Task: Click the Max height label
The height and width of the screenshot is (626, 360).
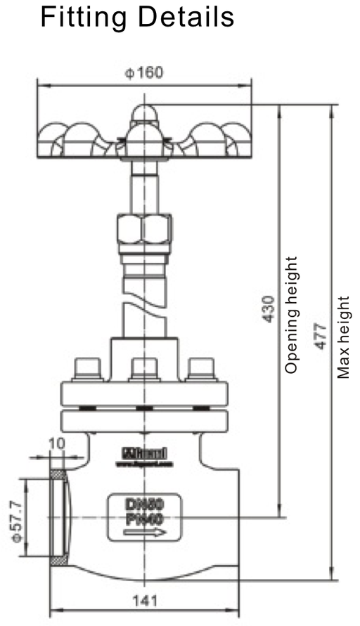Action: pos(344,337)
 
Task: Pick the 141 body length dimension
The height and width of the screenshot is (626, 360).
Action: pos(145,601)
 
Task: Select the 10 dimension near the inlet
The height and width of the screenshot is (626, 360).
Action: pos(57,443)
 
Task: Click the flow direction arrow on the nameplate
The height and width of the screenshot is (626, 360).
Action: pos(145,532)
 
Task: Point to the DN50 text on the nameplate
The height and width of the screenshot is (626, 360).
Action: pos(145,504)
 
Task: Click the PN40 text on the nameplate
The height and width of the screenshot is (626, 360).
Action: pos(145,518)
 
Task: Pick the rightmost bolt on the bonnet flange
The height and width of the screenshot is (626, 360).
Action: pos(202,370)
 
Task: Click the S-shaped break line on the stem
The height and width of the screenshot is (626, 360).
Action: pos(145,306)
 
